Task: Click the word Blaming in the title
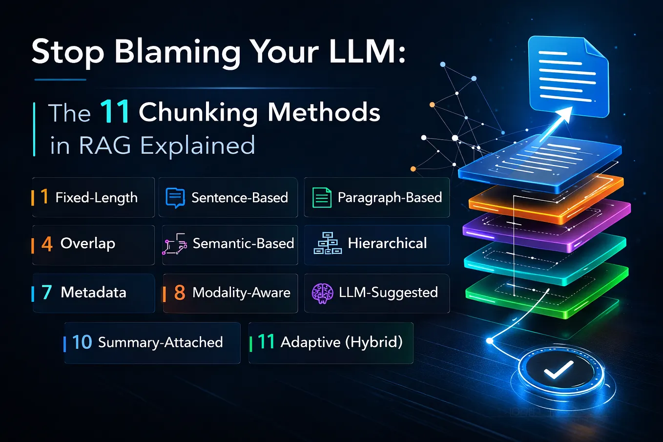pos(177,52)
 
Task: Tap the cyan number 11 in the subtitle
pos(115,111)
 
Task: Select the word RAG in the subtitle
pos(105,146)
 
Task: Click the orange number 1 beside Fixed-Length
pos(44,196)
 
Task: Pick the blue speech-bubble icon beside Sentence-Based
pos(175,198)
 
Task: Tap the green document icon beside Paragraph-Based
pos(322,197)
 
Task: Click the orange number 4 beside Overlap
pos(47,244)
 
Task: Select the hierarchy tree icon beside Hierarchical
pos(328,243)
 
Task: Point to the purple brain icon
pos(322,293)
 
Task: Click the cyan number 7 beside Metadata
pos(47,292)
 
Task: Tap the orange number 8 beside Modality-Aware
pos(180,293)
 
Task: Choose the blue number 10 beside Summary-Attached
pos(82,342)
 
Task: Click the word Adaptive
pos(311,342)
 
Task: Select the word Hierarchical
pos(387,243)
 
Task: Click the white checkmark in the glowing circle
pos(559,369)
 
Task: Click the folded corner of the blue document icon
pos(596,48)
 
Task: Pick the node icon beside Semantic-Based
pos(175,244)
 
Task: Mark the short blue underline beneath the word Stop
pos(60,80)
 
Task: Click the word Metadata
pos(94,293)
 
